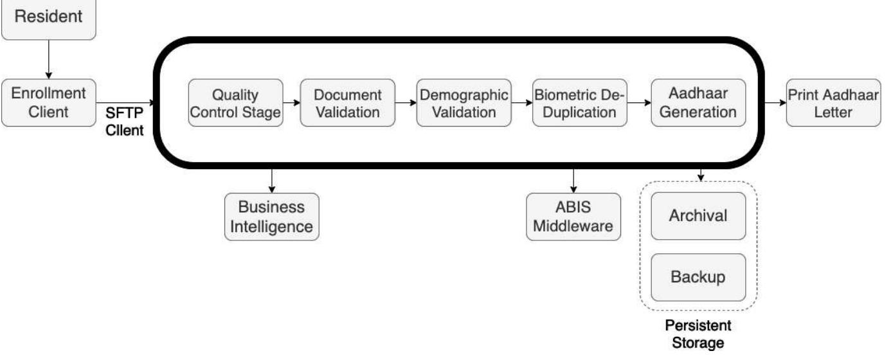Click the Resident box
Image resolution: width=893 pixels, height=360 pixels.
48,17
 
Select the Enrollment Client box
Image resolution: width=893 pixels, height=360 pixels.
48,102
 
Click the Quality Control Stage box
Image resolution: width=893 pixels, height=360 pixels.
236,103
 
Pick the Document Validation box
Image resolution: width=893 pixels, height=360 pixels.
347,103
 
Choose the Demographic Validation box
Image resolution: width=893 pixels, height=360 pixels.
464,103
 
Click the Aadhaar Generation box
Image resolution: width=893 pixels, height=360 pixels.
698,103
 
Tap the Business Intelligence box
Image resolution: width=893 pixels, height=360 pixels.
271,217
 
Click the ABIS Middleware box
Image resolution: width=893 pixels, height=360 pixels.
573,217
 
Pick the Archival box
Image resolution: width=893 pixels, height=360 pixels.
698,215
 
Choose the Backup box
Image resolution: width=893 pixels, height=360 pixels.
698,277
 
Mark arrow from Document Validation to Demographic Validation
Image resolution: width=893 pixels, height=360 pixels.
406,103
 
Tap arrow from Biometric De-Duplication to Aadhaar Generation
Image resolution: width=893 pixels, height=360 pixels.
639,103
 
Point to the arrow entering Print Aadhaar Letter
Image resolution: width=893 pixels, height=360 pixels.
775,103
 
